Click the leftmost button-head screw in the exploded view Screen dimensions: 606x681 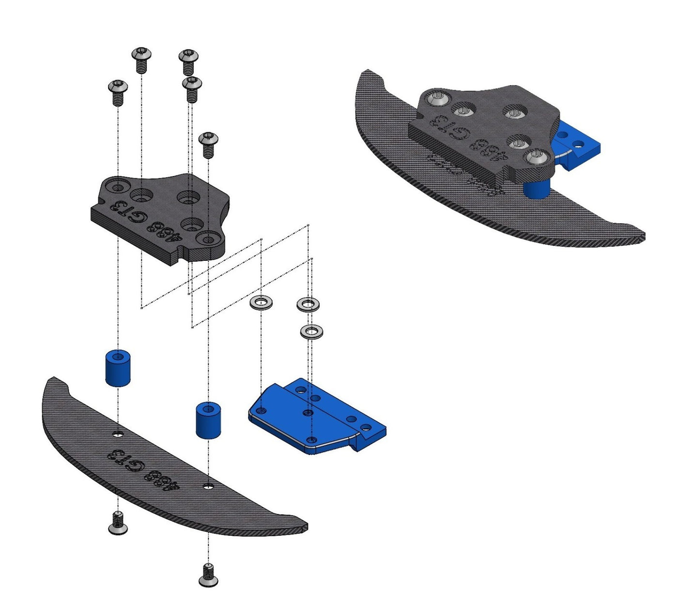coord(118,92)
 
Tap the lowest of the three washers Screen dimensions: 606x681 coord(311,332)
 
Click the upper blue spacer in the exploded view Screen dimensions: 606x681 coord(118,367)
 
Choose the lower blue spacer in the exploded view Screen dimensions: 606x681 coord(208,419)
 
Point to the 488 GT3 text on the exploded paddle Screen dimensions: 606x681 coord(140,469)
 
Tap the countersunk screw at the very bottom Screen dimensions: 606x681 coord(208,575)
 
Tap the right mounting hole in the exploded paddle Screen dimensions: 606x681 coord(208,485)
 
